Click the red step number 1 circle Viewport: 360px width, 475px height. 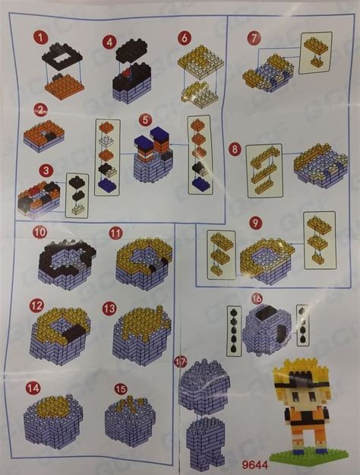pos(40,37)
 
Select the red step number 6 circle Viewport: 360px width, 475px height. pos(183,37)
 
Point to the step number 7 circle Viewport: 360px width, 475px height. pos(254,36)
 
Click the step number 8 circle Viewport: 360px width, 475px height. pos(235,149)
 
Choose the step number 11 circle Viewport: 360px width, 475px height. pos(115,233)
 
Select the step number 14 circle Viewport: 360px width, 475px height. pos(33,388)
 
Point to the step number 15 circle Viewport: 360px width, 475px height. pos(121,388)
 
